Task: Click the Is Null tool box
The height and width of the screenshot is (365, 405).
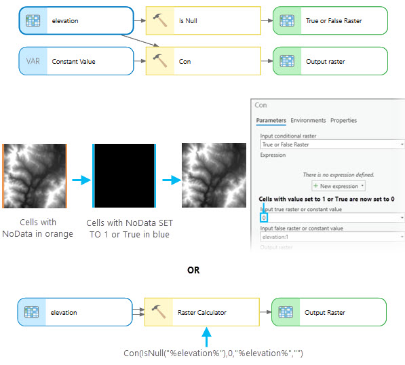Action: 201,21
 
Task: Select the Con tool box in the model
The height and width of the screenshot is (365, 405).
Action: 201,62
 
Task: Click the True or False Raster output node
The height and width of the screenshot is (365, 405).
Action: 330,21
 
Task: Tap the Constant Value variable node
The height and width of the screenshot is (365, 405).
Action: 75,62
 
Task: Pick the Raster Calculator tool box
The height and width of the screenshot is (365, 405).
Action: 201,313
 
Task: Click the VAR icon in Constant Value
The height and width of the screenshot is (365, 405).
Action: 33,62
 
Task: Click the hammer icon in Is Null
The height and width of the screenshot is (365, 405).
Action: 161,21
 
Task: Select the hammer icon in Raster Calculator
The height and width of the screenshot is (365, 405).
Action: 161,313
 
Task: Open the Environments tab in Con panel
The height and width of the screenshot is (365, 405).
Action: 308,121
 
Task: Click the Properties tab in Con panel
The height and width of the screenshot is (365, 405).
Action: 343,121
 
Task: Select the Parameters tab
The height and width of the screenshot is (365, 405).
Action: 271,121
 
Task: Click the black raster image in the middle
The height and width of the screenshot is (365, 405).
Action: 123,175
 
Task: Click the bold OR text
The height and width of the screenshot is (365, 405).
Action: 193,270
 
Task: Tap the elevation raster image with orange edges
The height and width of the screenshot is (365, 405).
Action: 35,175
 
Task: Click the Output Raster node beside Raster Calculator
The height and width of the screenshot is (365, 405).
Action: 330,313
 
